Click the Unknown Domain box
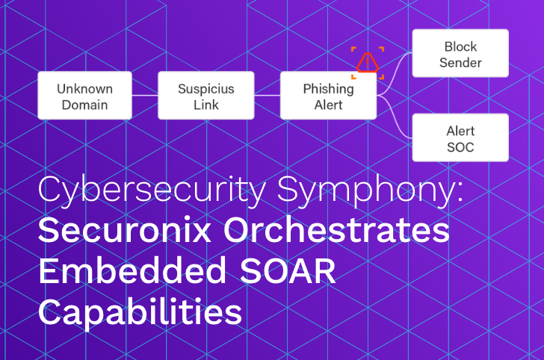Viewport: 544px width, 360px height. coord(84,96)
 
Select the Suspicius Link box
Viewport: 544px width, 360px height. coord(206,96)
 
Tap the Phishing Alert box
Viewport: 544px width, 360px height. coord(328,96)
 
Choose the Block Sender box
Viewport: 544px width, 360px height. coord(460,53)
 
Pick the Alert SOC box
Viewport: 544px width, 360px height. coord(460,137)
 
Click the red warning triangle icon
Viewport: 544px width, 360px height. coord(368,62)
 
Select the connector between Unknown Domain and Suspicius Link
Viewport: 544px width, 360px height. coord(145,96)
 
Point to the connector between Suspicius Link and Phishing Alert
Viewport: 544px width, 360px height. coord(268,96)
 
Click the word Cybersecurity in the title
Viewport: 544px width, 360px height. coord(150,192)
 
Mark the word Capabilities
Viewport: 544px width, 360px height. coord(140,311)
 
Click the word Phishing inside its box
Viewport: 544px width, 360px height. coord(328,88)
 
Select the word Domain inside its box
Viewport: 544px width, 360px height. coord(84,105)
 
